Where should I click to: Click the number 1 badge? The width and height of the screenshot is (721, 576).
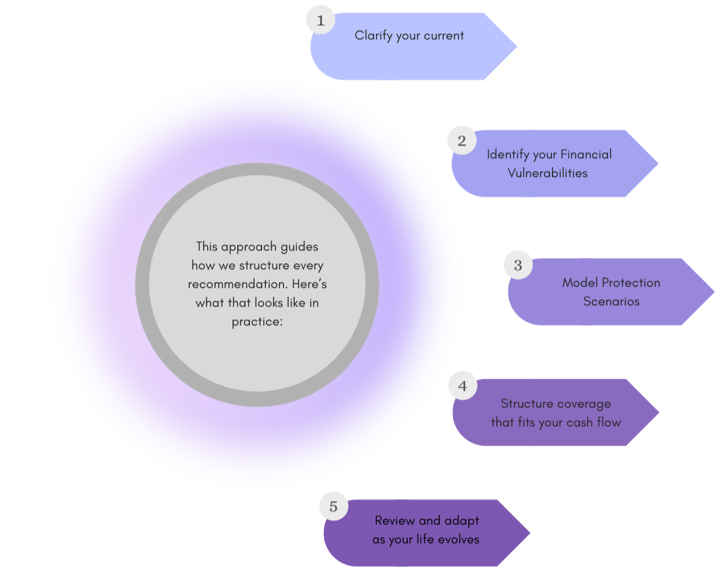(x=321, y=20)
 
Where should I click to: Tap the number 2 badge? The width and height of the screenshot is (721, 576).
(x=462, y=140)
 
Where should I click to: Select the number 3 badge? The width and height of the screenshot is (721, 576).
(x=518, y=265)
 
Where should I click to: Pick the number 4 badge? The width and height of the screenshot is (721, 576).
(x=462, y=386)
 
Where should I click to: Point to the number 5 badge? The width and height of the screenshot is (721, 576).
(x=333, y=506)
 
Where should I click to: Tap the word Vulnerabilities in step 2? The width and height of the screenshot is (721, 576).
(x=547, y=173)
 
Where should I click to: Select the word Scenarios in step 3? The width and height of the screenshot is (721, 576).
(x=611, y=301)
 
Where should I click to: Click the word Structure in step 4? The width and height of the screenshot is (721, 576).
(x=527, y=404)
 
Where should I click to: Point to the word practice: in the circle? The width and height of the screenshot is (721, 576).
(x=257, y=321)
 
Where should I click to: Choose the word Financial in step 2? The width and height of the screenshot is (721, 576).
(x=585, y=154)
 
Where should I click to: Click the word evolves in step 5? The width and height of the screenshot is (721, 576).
(x=458, y=539)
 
